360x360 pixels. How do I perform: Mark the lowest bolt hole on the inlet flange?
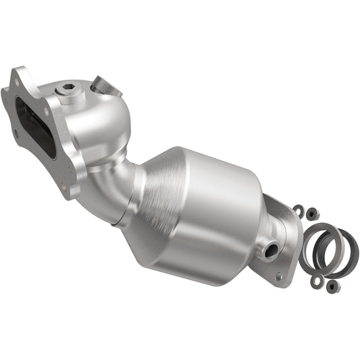pos(68,190)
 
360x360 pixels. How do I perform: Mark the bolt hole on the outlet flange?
pos(278,277)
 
